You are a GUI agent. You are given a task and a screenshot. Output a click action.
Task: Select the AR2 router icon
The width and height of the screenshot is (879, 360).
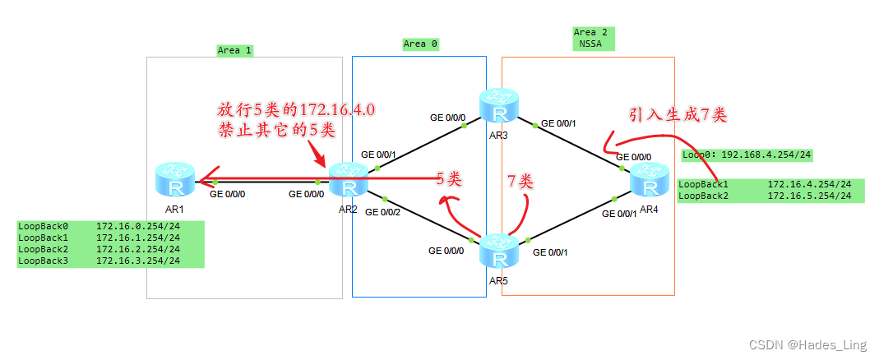[348, 179]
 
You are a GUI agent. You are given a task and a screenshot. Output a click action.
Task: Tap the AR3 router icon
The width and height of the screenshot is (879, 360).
[499, 104]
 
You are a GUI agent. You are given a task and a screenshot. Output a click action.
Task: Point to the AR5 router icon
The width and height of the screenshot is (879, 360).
[499, 251]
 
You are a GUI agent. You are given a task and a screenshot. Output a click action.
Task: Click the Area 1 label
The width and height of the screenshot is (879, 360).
[234, 50]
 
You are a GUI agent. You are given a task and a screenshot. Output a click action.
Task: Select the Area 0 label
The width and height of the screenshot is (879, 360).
[420, 44]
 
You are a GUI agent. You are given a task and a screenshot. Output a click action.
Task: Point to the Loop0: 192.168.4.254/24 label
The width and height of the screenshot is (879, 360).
[747, 155]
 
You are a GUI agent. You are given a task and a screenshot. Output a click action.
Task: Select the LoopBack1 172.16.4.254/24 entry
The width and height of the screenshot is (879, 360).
[770, 185]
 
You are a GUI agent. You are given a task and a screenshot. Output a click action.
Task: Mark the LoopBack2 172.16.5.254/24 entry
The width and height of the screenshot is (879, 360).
[770, 196]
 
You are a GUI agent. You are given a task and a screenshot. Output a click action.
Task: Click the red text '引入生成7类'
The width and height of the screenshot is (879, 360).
[678, 115]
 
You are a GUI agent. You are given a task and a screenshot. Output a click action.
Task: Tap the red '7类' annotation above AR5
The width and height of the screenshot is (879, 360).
[520, 182]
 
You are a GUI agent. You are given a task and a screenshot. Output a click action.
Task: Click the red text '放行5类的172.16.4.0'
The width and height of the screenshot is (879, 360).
[297, 109]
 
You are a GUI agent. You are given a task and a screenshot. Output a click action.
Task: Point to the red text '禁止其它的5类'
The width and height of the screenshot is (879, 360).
[277, 129]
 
